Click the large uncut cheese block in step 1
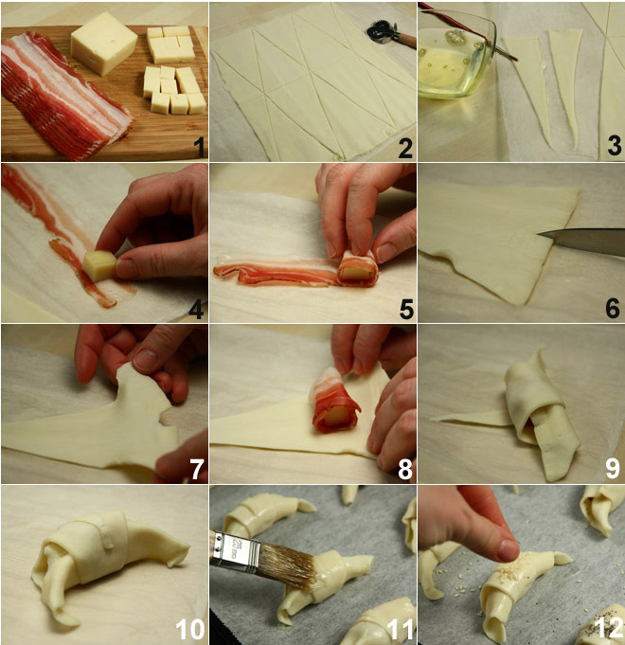103,44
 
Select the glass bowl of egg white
455,56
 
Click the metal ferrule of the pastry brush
235,549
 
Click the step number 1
199,147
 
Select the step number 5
406,309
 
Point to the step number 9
613,469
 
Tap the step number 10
190,629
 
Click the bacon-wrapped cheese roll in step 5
357,268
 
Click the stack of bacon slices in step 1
62,95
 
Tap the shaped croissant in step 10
108,557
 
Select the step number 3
615,146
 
